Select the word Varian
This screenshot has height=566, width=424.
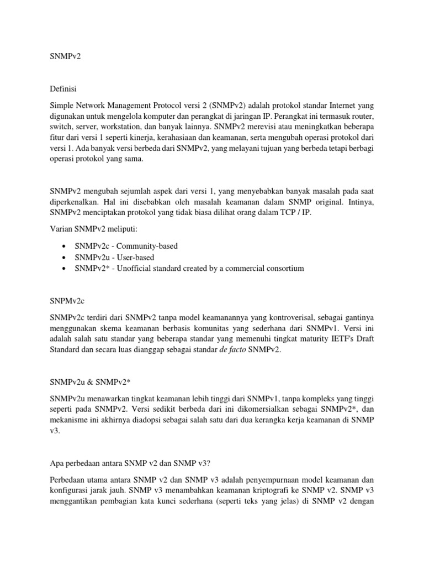pos(61,229)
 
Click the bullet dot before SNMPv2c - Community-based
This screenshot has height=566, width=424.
pos(65,245)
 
